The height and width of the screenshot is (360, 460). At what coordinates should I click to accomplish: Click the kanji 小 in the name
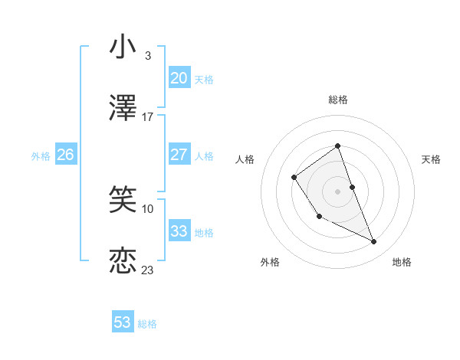click(123, 47)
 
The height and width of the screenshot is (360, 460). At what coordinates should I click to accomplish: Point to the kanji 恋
click(123, 260)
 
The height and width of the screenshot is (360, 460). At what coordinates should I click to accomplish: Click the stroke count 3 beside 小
click(148, 56)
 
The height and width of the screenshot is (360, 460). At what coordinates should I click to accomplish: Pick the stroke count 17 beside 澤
click(148, 116)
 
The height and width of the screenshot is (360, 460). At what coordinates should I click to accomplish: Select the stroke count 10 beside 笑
click(148, 208)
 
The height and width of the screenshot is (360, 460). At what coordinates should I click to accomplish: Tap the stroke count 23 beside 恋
click(148, 270)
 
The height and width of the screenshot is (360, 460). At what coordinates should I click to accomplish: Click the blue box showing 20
click(179, 78)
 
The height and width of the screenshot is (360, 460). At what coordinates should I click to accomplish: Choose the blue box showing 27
click(179, 155)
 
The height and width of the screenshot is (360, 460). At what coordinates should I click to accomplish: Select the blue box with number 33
click(179, 231)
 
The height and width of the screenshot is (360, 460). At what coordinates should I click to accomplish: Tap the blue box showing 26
click(65, 155)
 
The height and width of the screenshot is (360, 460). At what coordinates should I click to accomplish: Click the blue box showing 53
click(123, 322)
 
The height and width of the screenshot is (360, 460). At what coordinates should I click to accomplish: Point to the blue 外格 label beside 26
click(41, 156)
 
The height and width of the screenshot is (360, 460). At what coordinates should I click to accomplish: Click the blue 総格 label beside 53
click(147, 324)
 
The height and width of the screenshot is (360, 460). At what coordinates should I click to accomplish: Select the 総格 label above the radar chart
click(338, 100)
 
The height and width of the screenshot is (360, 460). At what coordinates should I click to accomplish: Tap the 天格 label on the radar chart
click(431, 159)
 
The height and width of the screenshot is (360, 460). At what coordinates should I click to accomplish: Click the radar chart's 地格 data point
click(374, 242)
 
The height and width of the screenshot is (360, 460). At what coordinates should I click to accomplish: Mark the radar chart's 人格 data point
click(294, 178)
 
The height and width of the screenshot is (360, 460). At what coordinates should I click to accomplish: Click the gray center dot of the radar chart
click(338, 191)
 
